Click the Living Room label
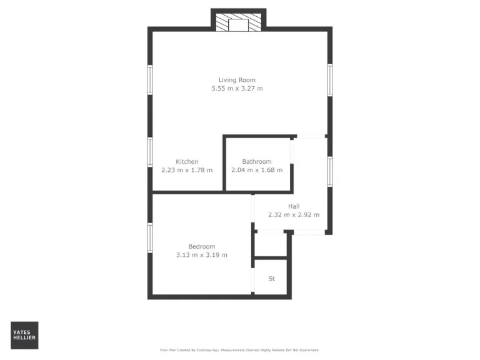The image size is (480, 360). (x=237, y=80)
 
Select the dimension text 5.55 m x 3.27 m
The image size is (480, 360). (x=237, y=89)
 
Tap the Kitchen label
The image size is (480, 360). (x=187, y=162)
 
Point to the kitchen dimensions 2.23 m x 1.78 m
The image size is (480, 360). (x=187, y=170)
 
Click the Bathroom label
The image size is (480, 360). (x=257, y=162)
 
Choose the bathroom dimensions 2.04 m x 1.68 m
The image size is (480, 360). (x=257, y=170)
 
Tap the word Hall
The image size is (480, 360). (x=294, y=206)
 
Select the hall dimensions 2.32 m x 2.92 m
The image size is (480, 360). (x=294, y=215)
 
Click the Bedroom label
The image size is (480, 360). (x=202, y=246)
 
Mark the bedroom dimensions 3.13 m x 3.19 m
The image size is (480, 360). (x=202, y=255)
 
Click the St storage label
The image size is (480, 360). (x=271, y=279)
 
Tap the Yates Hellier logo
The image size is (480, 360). (x=24, y=335)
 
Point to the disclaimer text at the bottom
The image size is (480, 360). (x=240, y=350)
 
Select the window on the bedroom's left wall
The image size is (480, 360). (x=150, y=238)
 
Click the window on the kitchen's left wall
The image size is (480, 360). (x=150, y=152)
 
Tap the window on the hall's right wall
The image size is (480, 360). (x=329, y=171)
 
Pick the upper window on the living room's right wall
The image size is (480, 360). (x=329, y=79)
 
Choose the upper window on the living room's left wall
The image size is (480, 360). (x=150, y=79)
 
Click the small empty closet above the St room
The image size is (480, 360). (x=271, y=244)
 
